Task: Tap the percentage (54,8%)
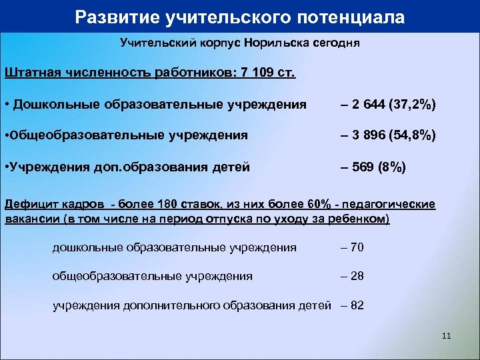point(417,135)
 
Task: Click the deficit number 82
point(357,306)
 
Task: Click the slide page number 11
point(447,336)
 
